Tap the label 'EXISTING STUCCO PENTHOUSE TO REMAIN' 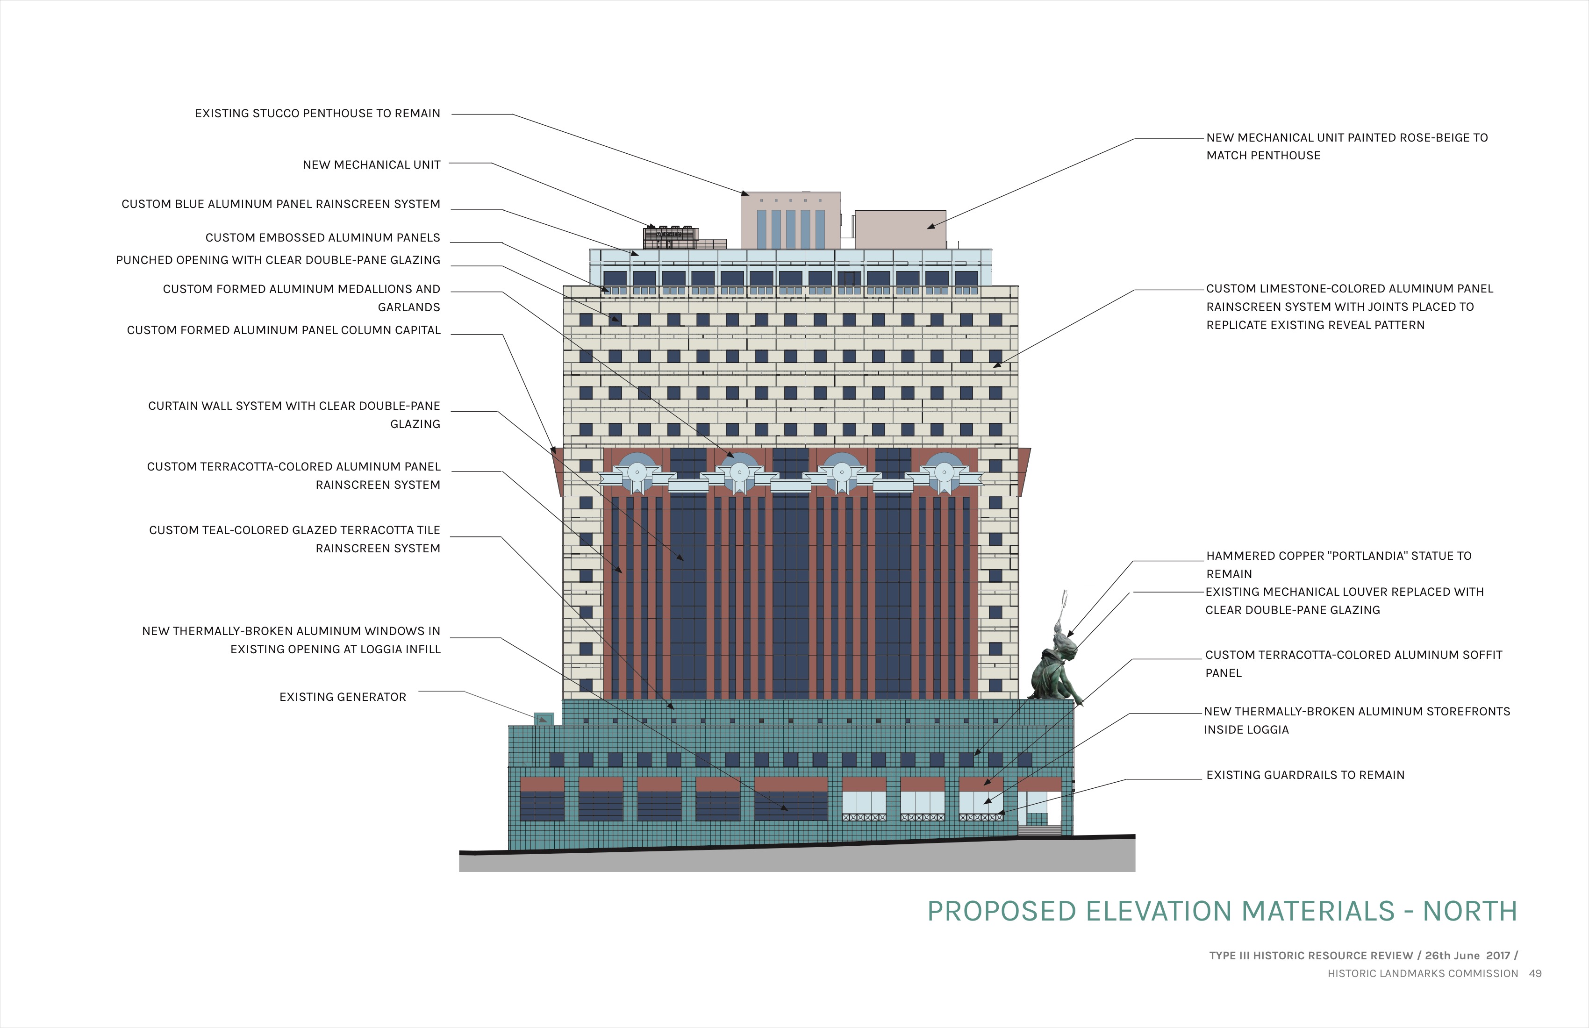318,114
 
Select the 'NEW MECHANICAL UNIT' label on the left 372,165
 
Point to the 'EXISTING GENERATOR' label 343,697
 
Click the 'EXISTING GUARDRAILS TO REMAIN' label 1305,775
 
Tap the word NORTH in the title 1470,911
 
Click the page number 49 1536,973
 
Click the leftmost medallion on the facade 637,472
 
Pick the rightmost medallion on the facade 944,472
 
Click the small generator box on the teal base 544,719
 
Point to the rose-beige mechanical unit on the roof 900,229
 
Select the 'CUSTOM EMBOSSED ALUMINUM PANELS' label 322,238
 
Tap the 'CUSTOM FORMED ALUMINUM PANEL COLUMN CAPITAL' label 284,330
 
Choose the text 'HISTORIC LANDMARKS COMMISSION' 1423,973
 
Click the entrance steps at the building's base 1039,830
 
